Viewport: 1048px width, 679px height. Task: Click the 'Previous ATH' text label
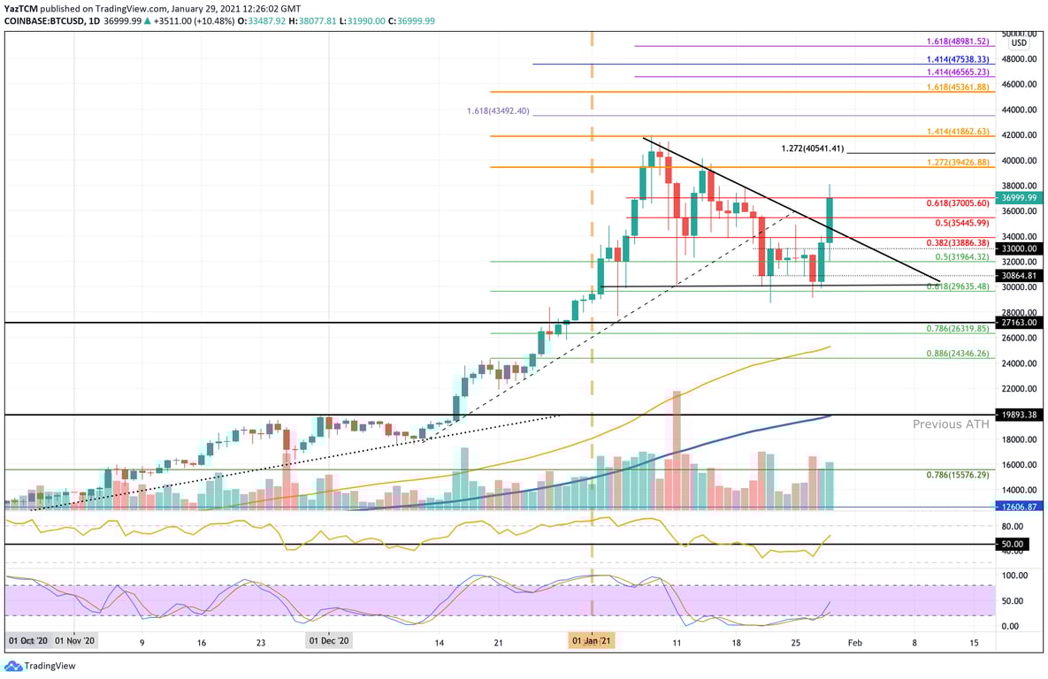pyautogui.click(x=951, y=424)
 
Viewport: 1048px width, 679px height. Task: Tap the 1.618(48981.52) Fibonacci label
pyautogui.click(x=957, y=42)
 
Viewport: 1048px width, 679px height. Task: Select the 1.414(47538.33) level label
pyautogui.click(x=957, y=60)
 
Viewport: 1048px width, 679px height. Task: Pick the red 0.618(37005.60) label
pyautogui.click(x=957, y=202)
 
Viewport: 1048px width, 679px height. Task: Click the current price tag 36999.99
pyautogui.click(x=1019, y=197)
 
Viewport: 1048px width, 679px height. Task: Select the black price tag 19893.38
pyautogui.click(x=1019, y=414)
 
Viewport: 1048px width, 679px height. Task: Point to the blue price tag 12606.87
pyautogui.click(x=1019, y=507)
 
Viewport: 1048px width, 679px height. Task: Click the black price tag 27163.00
pyautogui.click(x=1019, y=323)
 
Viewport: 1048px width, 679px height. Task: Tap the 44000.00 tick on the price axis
pyautogui.click(x=1019, y=110)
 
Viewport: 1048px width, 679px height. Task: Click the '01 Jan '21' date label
pyautogui.click(x=592, y=640)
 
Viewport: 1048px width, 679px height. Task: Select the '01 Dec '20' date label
pyautogui.click(x=329, y=640)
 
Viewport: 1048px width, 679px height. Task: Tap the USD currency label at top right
pyautogui.click(x=1019, y=42)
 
